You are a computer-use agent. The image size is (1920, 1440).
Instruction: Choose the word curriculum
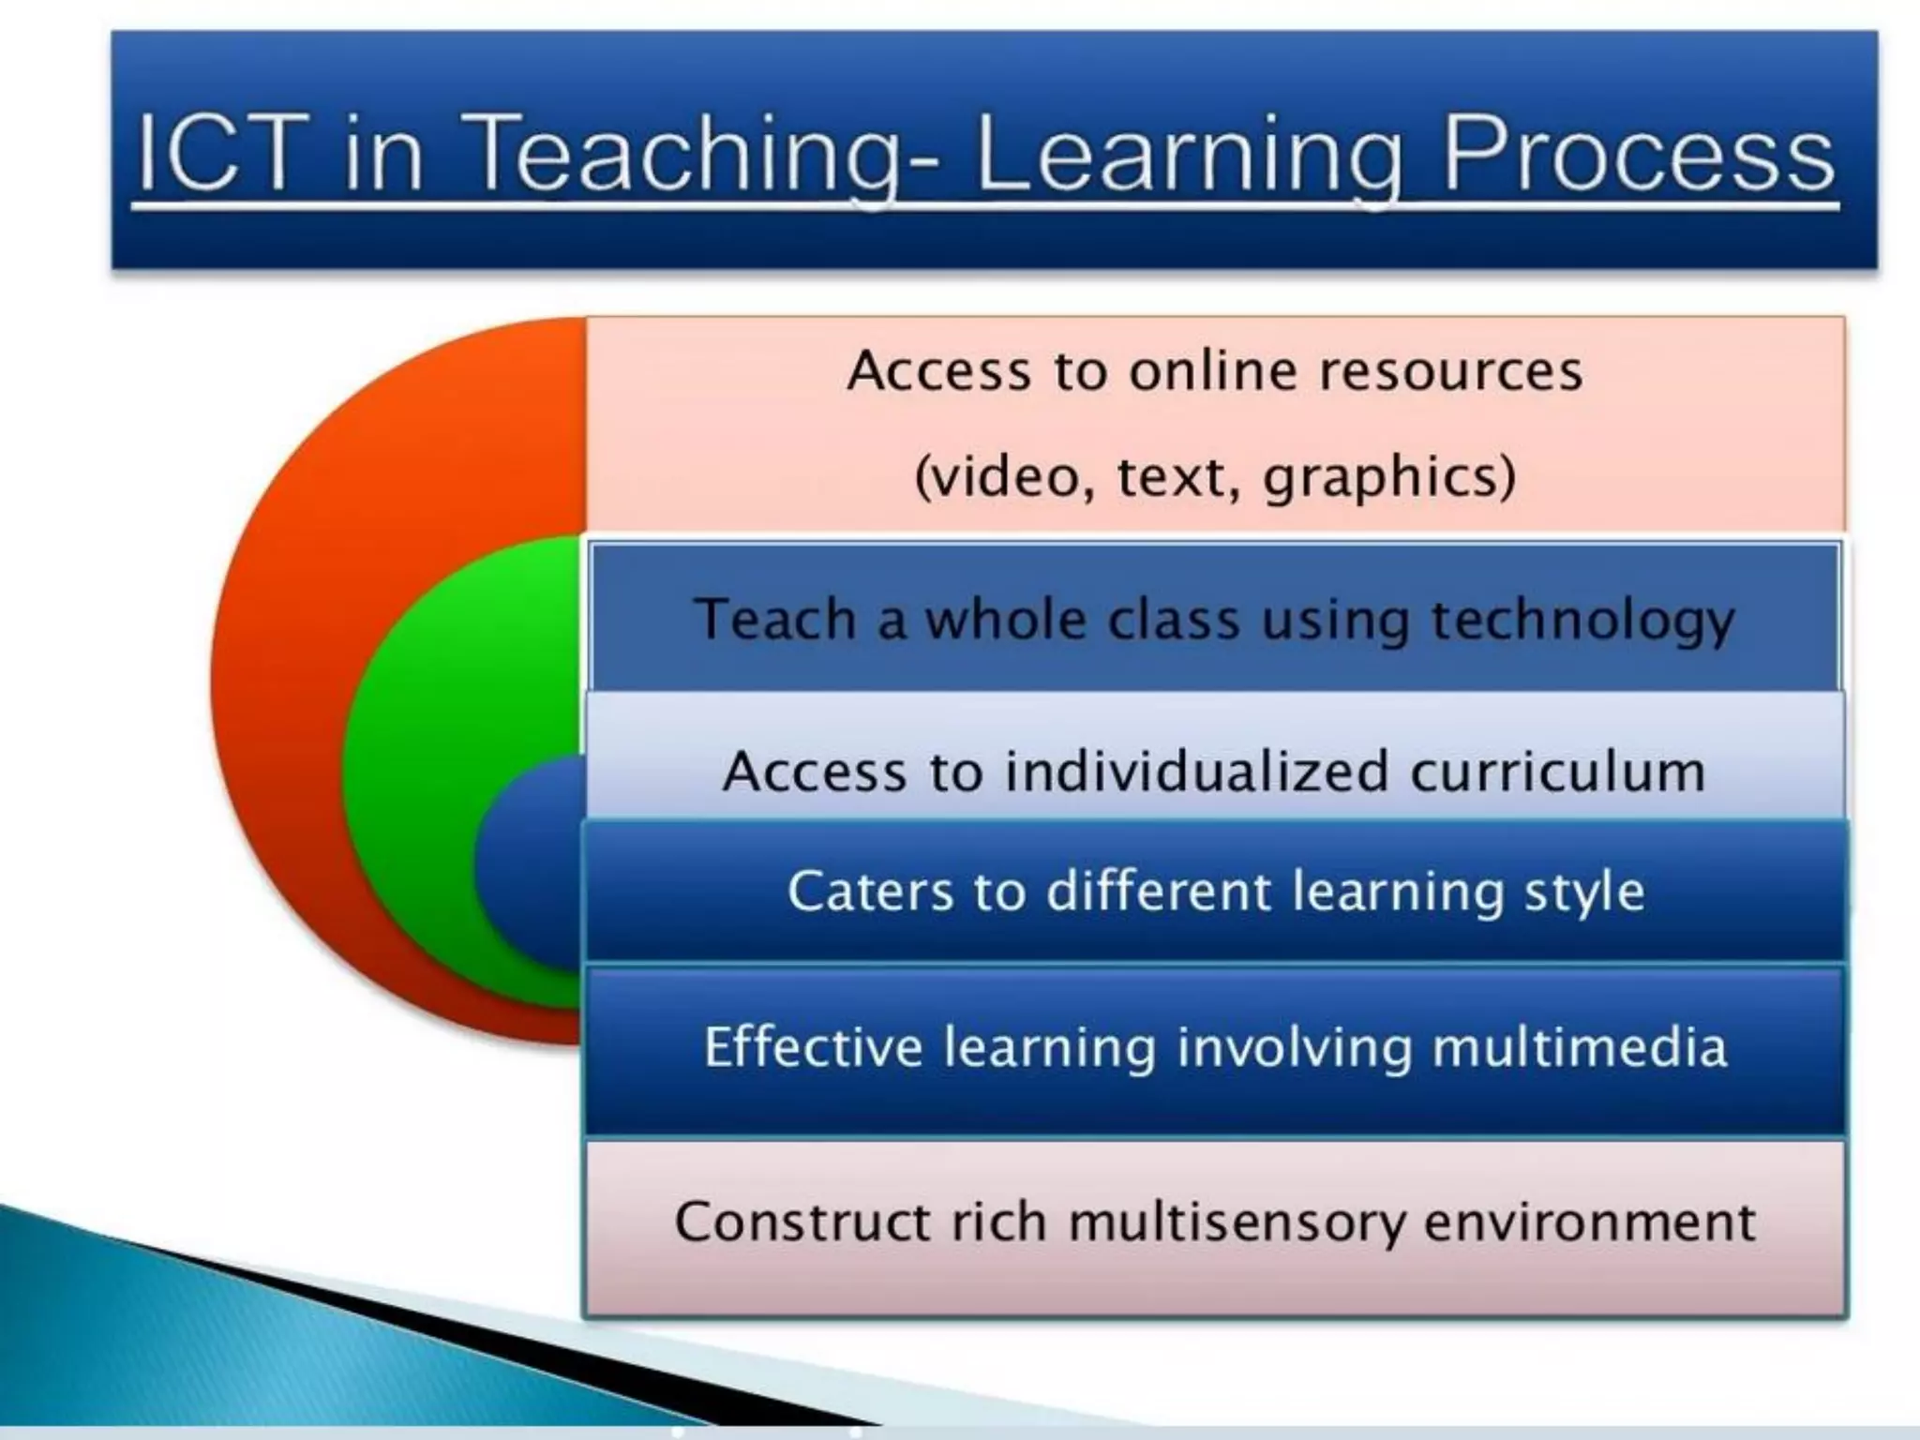pyautogui.click(x=1557, y=772)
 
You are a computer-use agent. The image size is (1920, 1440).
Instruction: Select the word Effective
pyautogui.click(x=813, y=1046)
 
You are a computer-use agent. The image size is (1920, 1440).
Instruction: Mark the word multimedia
pyautogui.click(x=1580, y=1046)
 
